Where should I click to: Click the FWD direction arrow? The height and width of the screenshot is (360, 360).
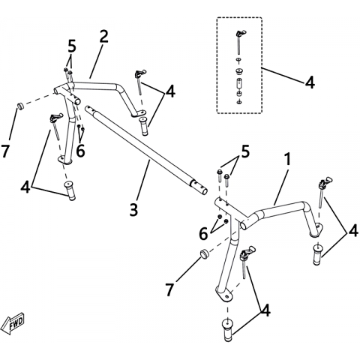click(13, 323)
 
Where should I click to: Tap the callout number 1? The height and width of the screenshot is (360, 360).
click(288, 159)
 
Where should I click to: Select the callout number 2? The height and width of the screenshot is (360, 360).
click(103, 37)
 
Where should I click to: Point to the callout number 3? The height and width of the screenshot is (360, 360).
click(133, 209)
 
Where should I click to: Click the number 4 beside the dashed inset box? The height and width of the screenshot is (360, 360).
click(310, 82)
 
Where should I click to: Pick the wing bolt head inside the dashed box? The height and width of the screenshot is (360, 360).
click(241, 34)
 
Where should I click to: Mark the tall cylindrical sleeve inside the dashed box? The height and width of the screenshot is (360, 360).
click(239, 82)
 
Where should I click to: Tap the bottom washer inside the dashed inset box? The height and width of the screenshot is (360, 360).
click(239, 102)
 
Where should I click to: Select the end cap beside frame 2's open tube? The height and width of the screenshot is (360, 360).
click(19, 106)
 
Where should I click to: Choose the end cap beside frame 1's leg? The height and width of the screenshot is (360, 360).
click(204, 253)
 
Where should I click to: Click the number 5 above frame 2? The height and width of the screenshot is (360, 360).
click(71, 46)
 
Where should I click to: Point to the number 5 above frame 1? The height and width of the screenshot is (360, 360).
click(245, 151)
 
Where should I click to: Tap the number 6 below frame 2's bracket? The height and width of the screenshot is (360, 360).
click(80, 151)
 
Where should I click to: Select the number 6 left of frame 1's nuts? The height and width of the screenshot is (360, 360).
click(203, 234)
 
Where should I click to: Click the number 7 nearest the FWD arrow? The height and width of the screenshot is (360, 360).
click(5, 151)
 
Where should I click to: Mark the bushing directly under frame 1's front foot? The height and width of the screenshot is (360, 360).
click(227, 329)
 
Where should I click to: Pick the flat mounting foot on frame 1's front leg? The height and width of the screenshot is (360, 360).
click(225, 295)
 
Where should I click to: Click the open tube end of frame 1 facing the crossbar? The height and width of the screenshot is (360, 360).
click(244, 226)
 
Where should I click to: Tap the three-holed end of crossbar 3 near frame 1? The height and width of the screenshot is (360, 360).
click(199, 187)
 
